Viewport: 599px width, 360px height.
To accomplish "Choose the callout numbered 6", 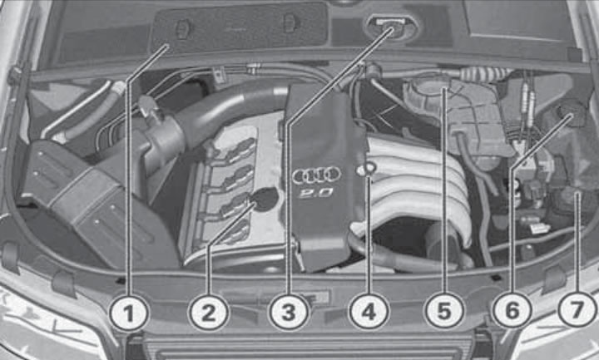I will point(512,313).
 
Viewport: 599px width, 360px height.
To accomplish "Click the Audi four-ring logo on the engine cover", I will point(316,175).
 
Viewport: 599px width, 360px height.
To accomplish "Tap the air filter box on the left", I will point(75,191).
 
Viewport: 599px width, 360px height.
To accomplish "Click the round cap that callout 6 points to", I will point(572,112).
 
